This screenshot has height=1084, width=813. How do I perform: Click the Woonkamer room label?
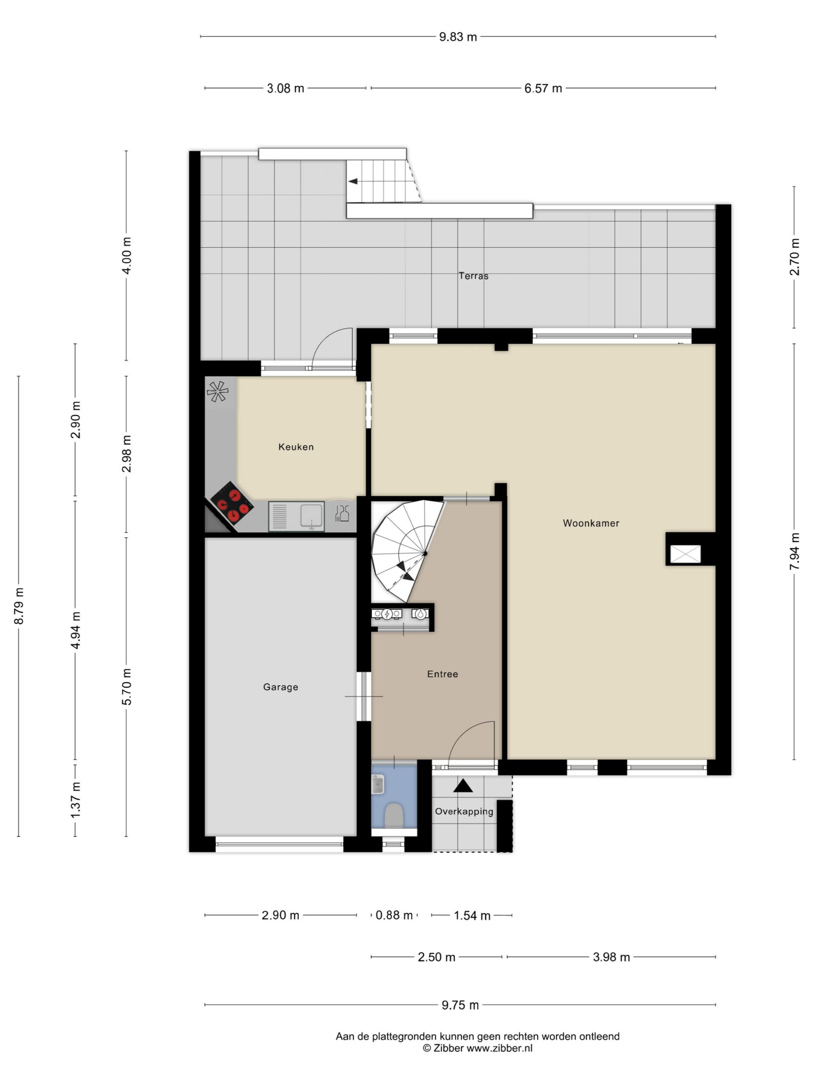pyautogui.click(x=591, y=523)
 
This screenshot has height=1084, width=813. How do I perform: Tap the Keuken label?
pyautogui.click(x=296, y=446)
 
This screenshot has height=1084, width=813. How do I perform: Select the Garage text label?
pyautogui.click(x=280, y=686)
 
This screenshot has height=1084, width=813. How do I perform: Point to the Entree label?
pyautogui.click(x=442, y=674)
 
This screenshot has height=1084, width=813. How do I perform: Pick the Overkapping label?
pyautogui.click(x=464, y=811)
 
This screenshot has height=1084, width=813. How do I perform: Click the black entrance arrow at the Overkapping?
pyautogui.click(x=463, y=785)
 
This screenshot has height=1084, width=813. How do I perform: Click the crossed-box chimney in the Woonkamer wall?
pyautogui.click(x=685, y=554)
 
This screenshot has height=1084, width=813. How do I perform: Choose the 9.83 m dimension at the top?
pyautogui.click(x=458, y=37)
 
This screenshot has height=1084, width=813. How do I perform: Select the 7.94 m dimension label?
pyautogui.click(x=794, y=551)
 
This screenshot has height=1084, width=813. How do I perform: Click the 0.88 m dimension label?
pyautogui.click(x=394, y=915)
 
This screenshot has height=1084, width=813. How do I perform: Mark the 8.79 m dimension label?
pyautogui.click(x=19, y=606)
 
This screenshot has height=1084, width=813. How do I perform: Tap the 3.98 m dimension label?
pyautogui.click(x=611, y=957)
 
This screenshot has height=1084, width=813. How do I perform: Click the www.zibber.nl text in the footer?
pyautogui.click(x=499, y=1048)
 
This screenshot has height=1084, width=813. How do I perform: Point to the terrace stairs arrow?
pyautogui.click(x=353, y=181)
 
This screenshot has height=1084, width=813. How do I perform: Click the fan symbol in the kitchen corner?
pyautogui.click(x=217, y=391)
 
